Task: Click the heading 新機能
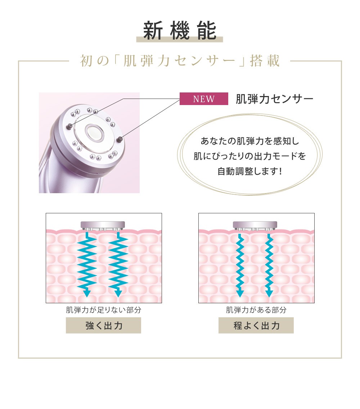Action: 180,31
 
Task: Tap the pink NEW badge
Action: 204,99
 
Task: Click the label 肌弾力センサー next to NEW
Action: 274,99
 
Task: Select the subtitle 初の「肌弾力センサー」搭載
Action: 180,61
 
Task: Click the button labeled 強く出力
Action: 103,325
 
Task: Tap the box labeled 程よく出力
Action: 256,325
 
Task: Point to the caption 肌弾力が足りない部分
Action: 104,310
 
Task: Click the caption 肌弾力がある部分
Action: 256,310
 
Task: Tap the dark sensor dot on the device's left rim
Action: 69,127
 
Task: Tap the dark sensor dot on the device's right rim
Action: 120,139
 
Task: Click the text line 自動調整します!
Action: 249,171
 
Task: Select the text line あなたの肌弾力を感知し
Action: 250,141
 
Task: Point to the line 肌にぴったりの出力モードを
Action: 249,156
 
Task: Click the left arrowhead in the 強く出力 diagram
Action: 87,293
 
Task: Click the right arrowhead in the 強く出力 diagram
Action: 118,293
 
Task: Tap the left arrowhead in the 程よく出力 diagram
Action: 240,293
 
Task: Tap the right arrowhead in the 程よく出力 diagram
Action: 269,293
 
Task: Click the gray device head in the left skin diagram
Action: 103,226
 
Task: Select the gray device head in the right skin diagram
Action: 255,226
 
